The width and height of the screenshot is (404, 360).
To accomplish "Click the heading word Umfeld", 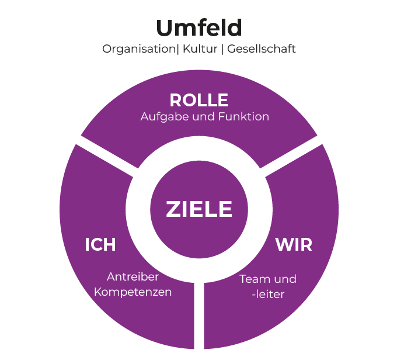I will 198,27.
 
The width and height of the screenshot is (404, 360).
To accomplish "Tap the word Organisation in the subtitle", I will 138,49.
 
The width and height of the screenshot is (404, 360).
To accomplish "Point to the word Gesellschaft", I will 261,49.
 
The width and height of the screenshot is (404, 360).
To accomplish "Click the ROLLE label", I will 198,100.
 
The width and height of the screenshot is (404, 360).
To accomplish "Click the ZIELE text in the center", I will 199,209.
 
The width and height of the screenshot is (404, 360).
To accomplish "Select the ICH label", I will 100,245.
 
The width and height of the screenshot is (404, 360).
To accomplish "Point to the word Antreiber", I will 133,276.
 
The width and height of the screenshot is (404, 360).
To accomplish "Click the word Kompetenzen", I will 133,292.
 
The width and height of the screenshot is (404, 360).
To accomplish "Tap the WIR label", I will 294,245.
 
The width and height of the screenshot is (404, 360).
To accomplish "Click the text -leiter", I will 268,295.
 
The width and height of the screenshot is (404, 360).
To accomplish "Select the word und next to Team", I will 285,279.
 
